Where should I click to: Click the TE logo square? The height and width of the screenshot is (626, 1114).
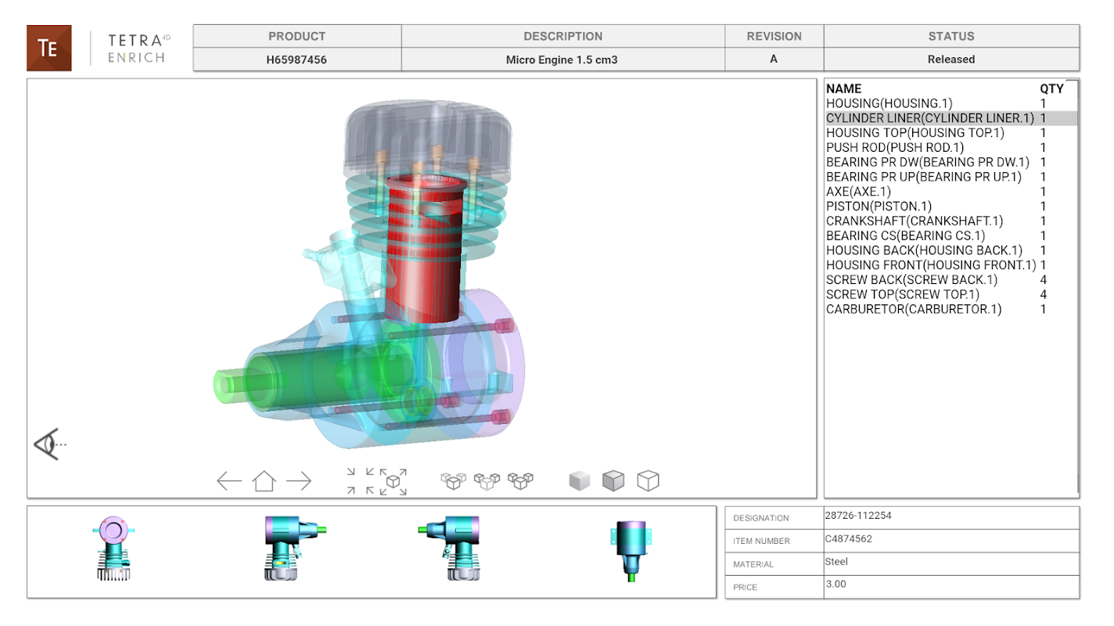pos(49,48)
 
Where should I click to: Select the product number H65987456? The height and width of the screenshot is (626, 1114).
pos(296,59)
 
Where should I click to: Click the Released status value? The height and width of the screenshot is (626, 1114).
pos(950,59)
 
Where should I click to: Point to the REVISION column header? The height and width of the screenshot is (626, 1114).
pos(774,36)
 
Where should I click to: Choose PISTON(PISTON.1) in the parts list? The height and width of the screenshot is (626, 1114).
pos(879,206)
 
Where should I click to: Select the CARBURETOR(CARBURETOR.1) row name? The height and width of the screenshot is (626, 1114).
pos(914,309)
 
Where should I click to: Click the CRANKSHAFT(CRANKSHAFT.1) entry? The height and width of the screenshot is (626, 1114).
pos(915,221)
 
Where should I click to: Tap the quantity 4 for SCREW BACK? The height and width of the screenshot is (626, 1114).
pos(1043,279)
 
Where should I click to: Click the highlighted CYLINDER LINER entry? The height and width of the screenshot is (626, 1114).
pos(930,118)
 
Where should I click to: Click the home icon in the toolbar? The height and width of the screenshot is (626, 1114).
pos(264,480)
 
